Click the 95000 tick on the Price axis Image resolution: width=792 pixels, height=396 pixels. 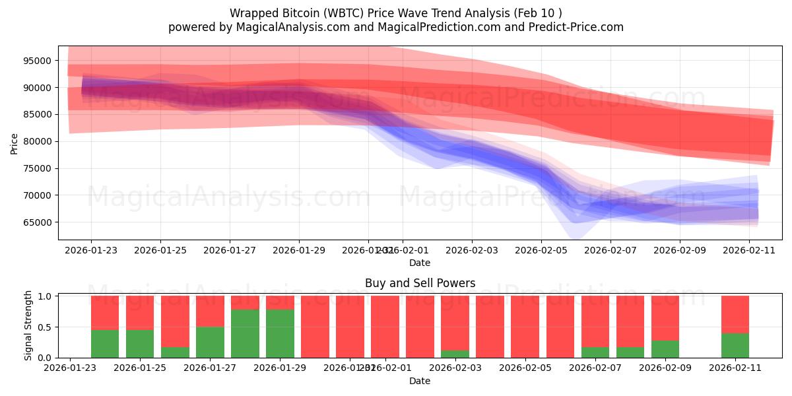coord(38,61)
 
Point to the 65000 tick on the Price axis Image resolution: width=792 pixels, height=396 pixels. coord(38,222)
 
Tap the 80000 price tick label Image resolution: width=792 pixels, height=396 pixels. coord(38,141)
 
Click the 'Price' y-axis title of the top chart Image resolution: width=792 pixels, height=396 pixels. coord(15,143)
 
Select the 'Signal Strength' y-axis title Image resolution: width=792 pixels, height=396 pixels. coord(28,325)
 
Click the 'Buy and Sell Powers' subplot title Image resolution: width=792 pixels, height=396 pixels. coord(420,283)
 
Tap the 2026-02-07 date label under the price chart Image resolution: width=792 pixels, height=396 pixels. coord(610,251)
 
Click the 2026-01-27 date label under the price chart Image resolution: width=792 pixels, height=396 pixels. coord(229,251)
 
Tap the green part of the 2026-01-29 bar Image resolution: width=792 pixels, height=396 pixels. coord(280,334)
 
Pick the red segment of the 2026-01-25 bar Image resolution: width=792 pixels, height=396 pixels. coord(140,312)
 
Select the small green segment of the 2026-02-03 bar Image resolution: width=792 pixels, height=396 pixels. coord(455,354)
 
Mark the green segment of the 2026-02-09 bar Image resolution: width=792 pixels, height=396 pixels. coord(665,349)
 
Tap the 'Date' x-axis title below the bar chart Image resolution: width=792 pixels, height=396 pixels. coord(420,381)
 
